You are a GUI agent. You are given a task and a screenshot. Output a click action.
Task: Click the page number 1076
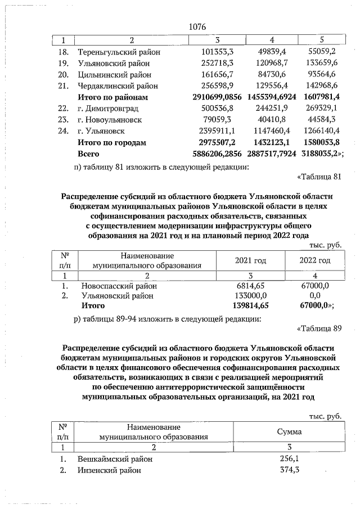pos(198,28)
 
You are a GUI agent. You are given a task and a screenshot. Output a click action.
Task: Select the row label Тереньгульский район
pos(119,52)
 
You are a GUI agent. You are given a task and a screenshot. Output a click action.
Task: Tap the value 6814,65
pos(253,286)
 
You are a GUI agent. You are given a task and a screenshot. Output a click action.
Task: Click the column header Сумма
pos(289,431)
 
